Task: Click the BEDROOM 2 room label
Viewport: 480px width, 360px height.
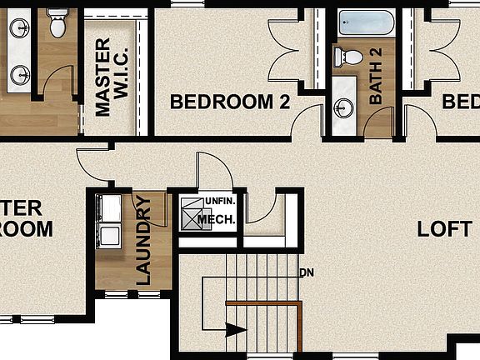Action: point(229,102)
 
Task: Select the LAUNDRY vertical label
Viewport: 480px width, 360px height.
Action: point(142,242)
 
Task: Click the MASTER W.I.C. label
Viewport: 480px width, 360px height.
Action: point(110,77)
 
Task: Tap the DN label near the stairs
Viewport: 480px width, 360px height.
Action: point(307,272)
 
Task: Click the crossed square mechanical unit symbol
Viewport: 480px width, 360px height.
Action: point(194,216)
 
